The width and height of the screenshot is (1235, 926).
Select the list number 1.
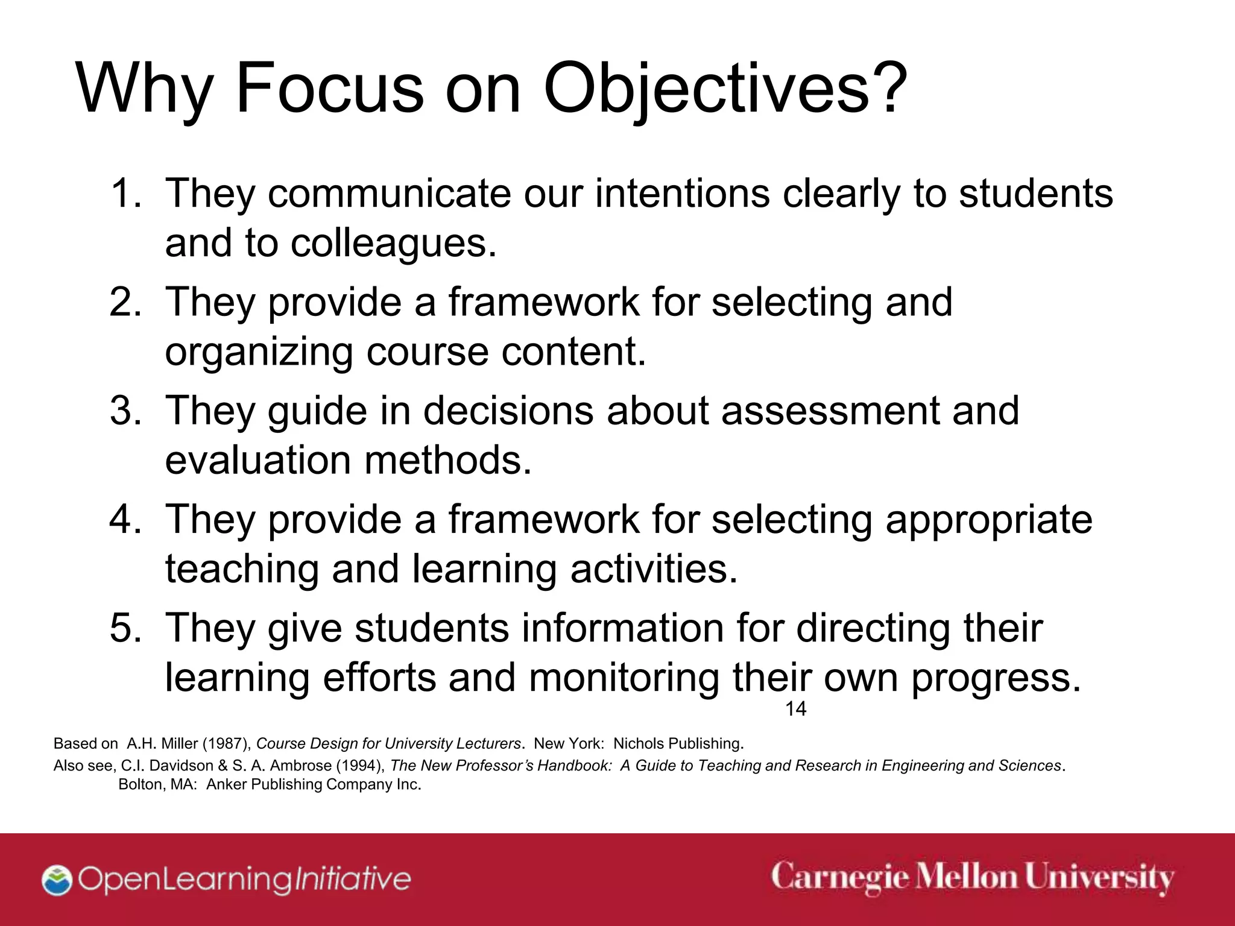point(124,194)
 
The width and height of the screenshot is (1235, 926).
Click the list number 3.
point(124,411)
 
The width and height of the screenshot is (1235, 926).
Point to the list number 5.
point(124,628)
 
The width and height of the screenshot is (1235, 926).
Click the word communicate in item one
point(389,194)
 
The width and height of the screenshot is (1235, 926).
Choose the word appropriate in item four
point(989,519)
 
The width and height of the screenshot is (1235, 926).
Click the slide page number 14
point(795,709)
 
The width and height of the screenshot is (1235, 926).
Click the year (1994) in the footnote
point(360,766)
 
